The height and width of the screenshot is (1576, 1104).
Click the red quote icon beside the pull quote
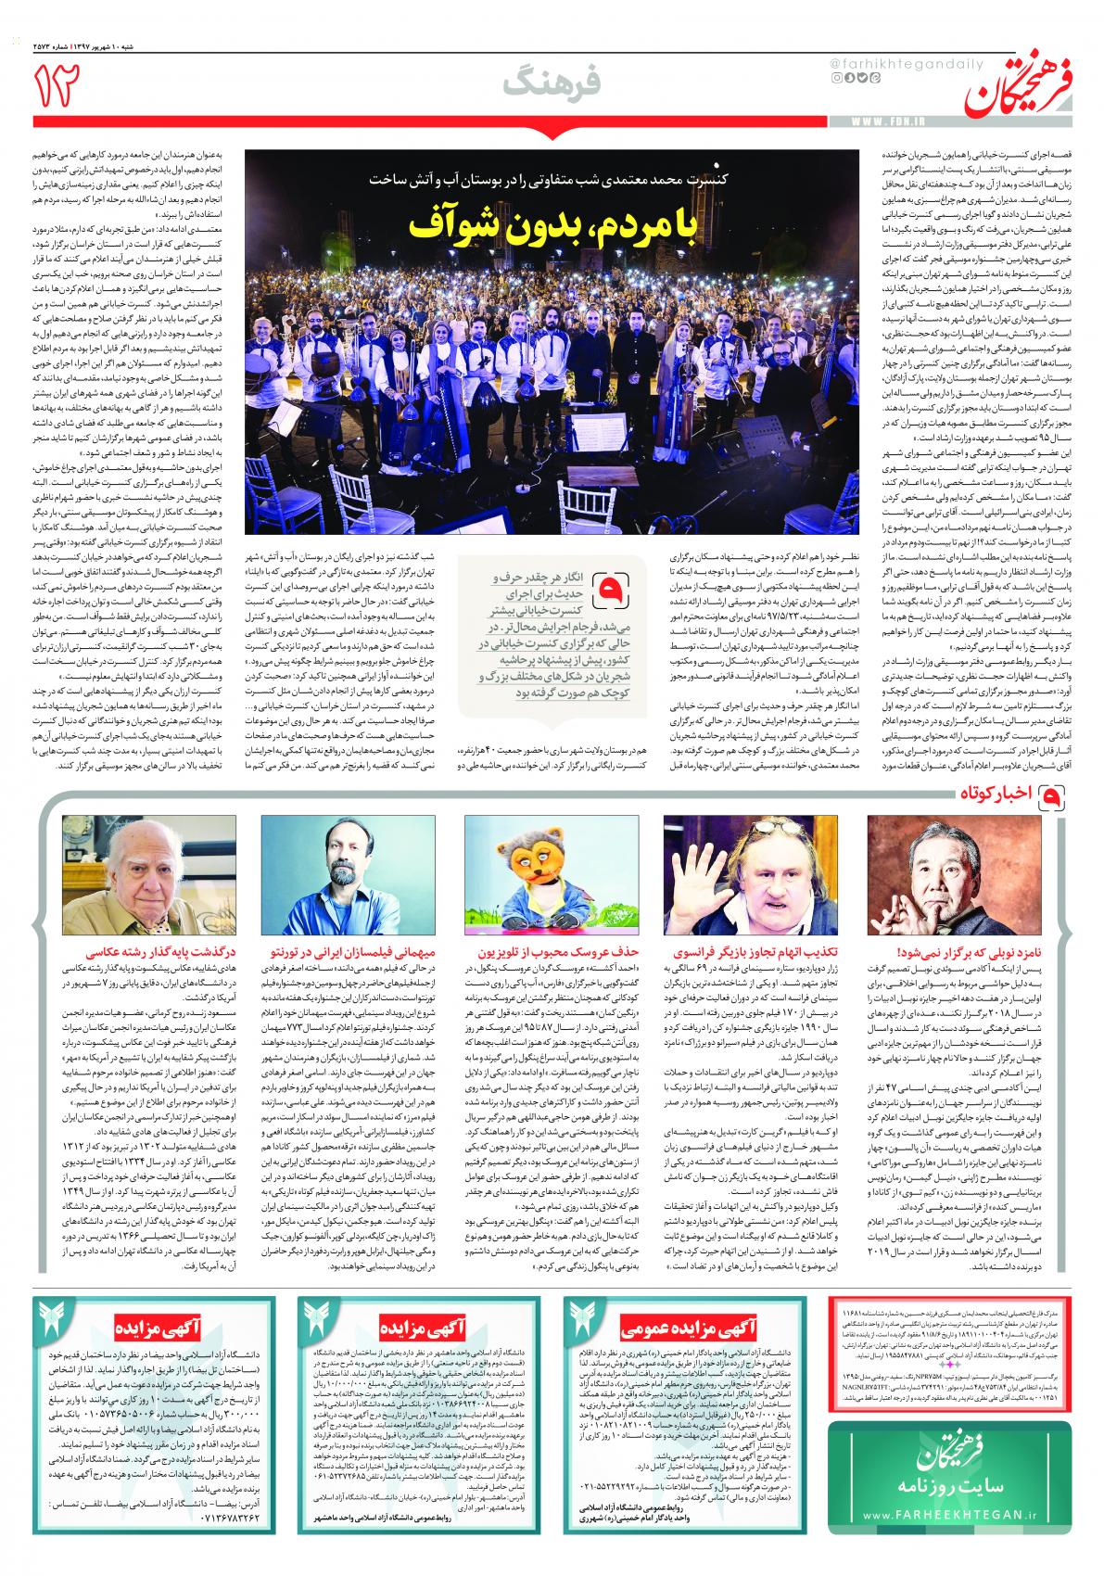click(611, 587)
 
